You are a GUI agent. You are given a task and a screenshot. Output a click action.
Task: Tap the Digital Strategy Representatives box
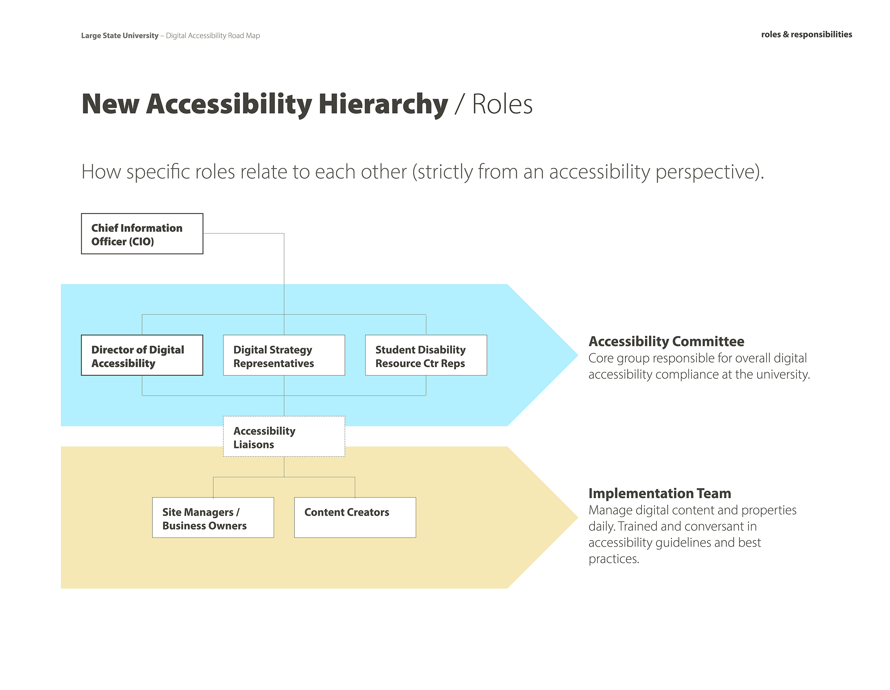pyautogui.click(x=284, y=355)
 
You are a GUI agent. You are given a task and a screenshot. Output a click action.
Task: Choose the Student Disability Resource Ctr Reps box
pyautogui.click(x=426, y=355)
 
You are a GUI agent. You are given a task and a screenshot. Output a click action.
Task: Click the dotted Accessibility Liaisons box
pyautogui.click(x=284, y=436)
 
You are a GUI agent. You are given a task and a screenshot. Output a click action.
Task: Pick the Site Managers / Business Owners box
pyautogui.click(x=213, y=517)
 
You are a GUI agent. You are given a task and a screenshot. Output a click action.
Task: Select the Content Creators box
pyautogui.click(x=355, y=517)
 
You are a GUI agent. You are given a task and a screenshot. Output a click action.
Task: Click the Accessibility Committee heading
pyautogui.click(x=666, y=341)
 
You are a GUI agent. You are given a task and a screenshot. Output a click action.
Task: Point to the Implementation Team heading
pyautogui.click(x=660, y=493)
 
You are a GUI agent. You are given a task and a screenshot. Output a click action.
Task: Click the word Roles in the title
pyautogui.click(x=502, y=104)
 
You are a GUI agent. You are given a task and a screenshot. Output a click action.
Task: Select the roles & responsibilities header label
pyautogui.click(x=807, y=34)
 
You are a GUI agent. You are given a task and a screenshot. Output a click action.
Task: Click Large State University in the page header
pyautogui.click(x=120, y=36)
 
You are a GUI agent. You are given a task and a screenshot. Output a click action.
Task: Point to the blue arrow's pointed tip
pyautogui.click(x=578, y=355)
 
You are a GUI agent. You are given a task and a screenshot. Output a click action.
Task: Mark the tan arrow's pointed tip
pyautogui.click(x=578, y=517)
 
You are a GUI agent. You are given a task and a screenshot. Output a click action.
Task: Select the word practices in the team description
pyautogui.click(x=614, y=559)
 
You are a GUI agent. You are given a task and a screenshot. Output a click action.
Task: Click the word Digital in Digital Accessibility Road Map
pyautogui.click(x=177, y=36)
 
